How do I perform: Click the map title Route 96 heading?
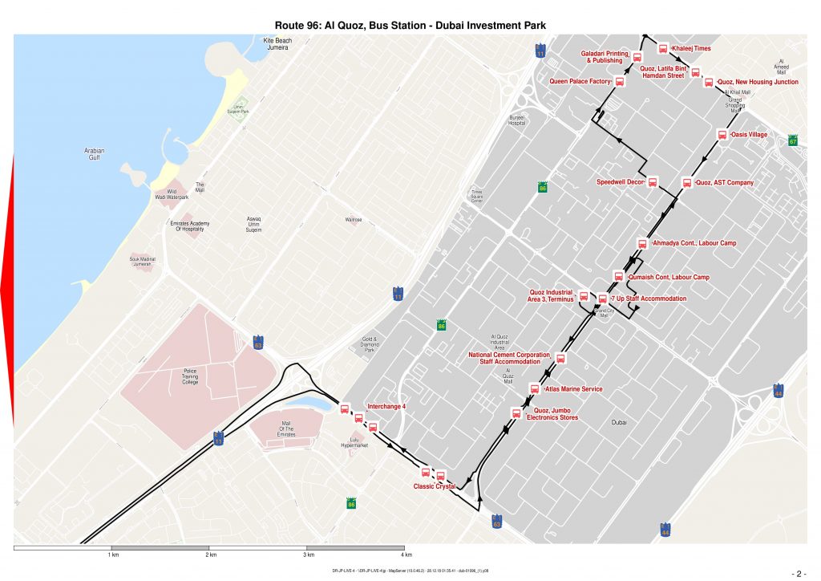point(410,26)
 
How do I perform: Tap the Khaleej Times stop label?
point(691,49)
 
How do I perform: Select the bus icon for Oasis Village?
point(722,136)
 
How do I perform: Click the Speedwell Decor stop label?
point(621,182)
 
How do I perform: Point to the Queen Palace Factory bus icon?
point(620,82)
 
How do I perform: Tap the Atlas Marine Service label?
point(573,389)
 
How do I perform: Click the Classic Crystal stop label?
point(434,486)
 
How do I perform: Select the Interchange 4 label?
point(386,407)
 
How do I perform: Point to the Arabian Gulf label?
point(95,153)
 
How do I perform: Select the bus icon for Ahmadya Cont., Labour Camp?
point(641,243)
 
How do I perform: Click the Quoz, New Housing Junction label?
point(757,82)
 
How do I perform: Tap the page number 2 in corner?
point(799,574)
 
